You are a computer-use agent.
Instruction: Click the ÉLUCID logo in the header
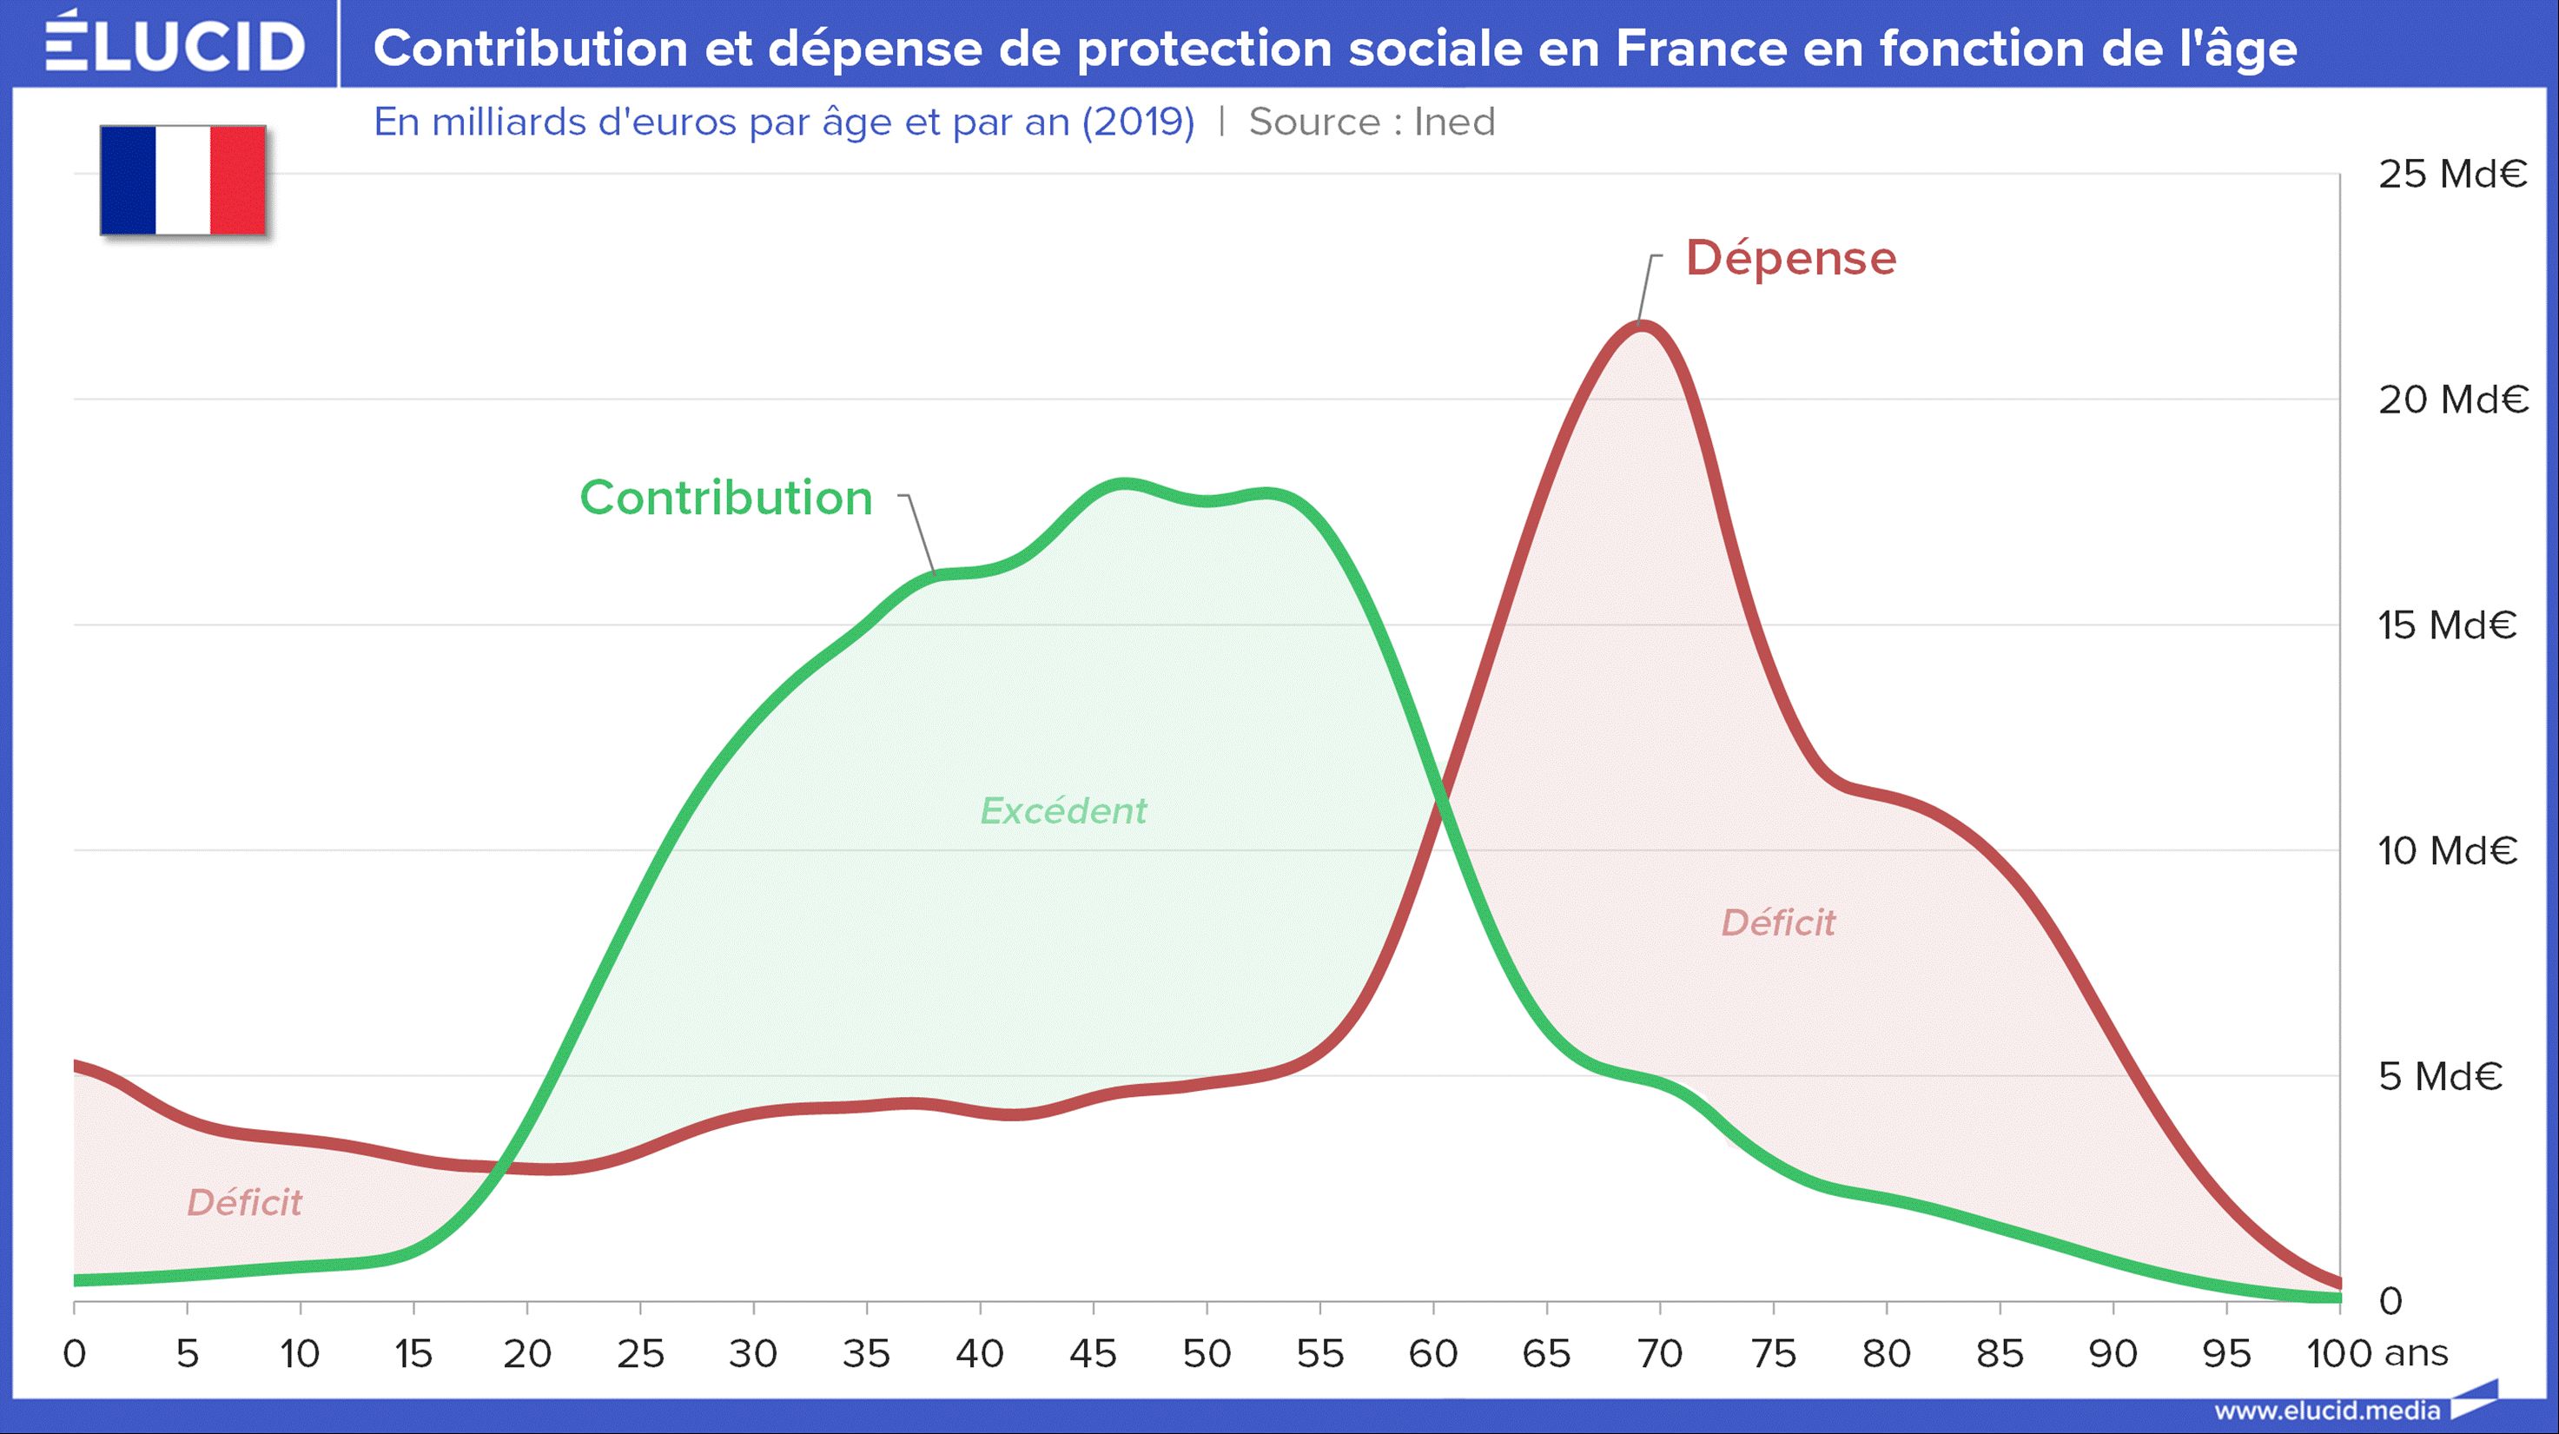tap(175, 43)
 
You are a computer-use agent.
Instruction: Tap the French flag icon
tap(182, 180)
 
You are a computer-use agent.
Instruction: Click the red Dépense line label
tap(1791, 258)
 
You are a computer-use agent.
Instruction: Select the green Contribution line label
tap(725, 498)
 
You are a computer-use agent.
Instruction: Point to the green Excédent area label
tap(1063, 811)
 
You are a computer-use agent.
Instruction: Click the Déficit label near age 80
tap(1778, 923)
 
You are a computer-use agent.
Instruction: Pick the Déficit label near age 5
tap(244, 1204)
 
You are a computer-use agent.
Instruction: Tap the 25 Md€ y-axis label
tap(2451, 175)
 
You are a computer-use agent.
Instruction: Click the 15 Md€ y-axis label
tap(2447, 625)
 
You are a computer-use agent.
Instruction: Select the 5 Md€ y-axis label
tap(2440, 1076)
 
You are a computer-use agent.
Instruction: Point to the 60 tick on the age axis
tap(1432, 1353)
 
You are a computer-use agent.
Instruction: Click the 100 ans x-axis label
tap(2377, 1353)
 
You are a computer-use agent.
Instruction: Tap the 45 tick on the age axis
tap(1093, 1353)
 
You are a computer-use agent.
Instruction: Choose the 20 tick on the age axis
tap(526, 1353)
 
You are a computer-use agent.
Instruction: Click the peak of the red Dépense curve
tap(1641, 325)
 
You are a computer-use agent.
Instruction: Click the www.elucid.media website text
tap(2326, 1411)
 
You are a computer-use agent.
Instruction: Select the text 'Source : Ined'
tap(1371, 122)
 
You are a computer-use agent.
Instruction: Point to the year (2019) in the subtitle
tap(1137, 122)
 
